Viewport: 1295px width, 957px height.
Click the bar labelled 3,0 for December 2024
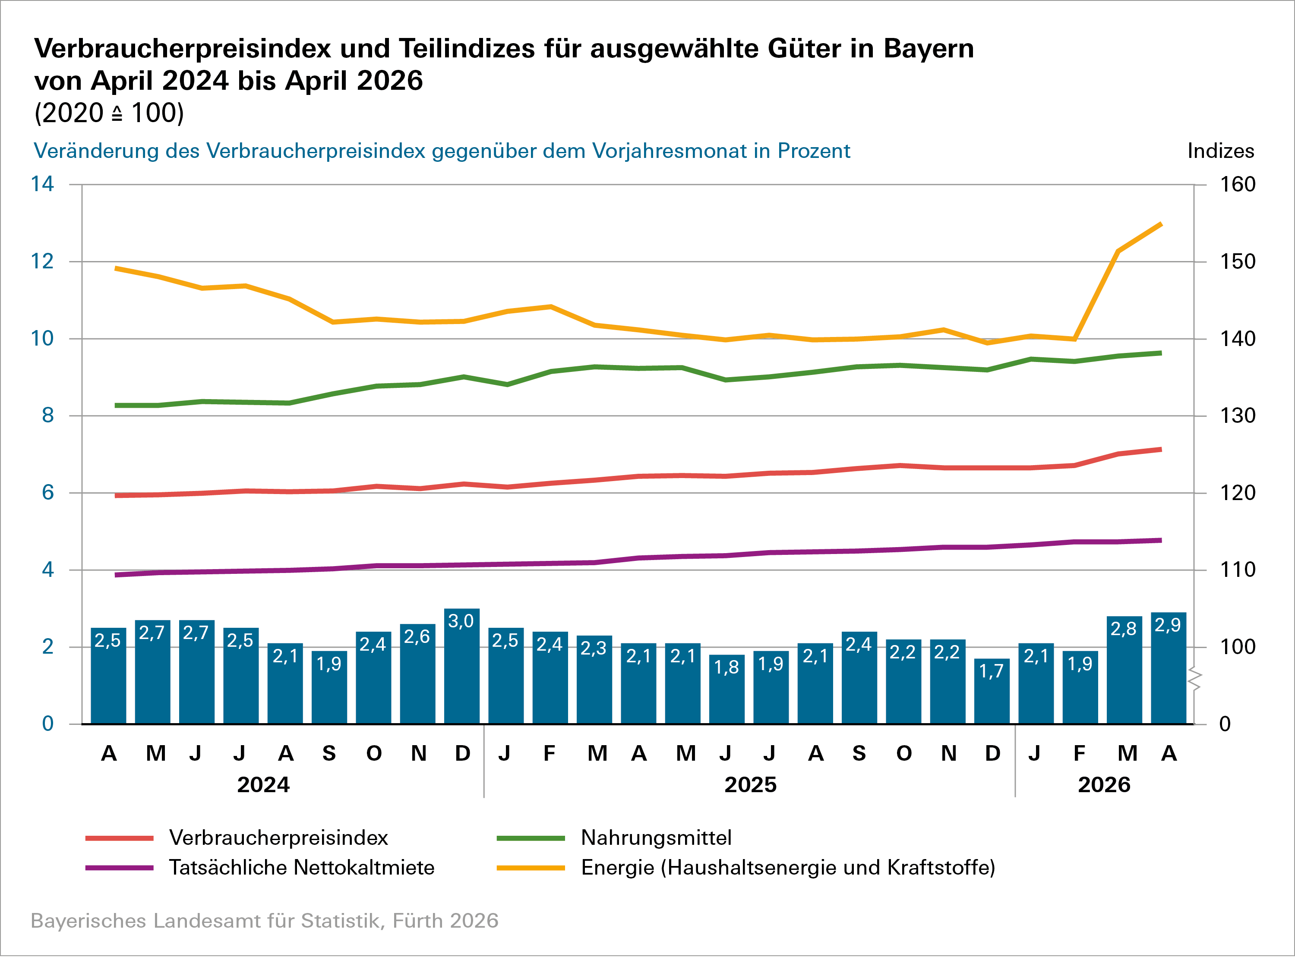[x=462, y=666]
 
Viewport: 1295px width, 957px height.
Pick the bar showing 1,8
[x=726, y=689]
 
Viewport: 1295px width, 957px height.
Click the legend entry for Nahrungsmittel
[x=656, y=837]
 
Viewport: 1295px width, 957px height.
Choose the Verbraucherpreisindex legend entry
[x=278, y=837]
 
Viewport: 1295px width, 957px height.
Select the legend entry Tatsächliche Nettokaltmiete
[x=301, y=868]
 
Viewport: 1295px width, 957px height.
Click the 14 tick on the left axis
[x=42, y=184]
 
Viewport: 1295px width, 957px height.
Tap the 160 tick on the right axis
[x=1237, y=184]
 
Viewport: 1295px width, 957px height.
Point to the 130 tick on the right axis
[x=1237, y=416]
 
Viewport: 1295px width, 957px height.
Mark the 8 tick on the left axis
[x=47, y=416]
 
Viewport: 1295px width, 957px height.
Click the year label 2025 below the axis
[x=750, y=785]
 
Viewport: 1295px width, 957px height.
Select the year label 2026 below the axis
[x=1104, y=785]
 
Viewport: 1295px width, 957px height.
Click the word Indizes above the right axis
[x=1220, y=151]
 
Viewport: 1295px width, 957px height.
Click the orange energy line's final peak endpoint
[x=1161, y=224]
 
